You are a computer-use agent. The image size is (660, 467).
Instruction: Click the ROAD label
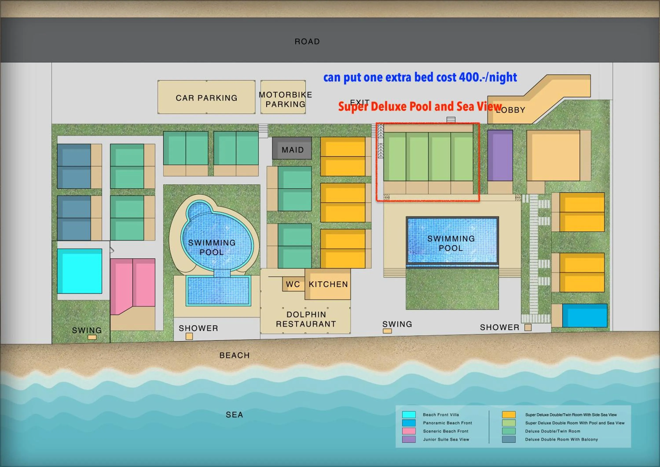pyautogui.click(x=307, y=42)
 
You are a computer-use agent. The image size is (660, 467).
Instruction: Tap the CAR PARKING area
pyautogui.click(x=206, y=98)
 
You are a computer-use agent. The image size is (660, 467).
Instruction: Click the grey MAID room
pyautogui.click(x=292, y=149)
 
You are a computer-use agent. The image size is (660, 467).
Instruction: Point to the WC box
pyautogui.click(x=293, y=284)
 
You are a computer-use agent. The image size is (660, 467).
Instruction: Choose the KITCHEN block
pyautogui.click(x=328, y=284)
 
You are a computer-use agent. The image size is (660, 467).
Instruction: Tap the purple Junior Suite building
pyautogui.click(x=500, y=155)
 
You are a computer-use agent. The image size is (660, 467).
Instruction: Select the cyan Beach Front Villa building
pyautogui.click(x=80, y=271)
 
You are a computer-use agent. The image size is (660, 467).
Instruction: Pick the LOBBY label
pyautogui.click(x=511, y=110)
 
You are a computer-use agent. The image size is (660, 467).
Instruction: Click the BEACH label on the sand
pyautogui.click(x=234, y=355)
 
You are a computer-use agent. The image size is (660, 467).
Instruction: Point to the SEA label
pyautogui.click(x=234, y=414)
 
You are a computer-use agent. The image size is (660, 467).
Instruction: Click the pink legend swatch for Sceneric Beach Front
pyautogui.click(x=409, y=431)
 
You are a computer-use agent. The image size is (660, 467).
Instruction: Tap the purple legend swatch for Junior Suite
pyautogui.click(x=409, y=439)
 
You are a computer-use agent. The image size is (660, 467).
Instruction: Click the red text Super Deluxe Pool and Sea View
pyautogui.click(x=420, y=106)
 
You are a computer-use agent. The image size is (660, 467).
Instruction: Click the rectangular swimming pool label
pyautogui.click(x=451, y=243)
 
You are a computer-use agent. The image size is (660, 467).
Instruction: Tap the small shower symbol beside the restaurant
pyautogui.click(x=189, y=336)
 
